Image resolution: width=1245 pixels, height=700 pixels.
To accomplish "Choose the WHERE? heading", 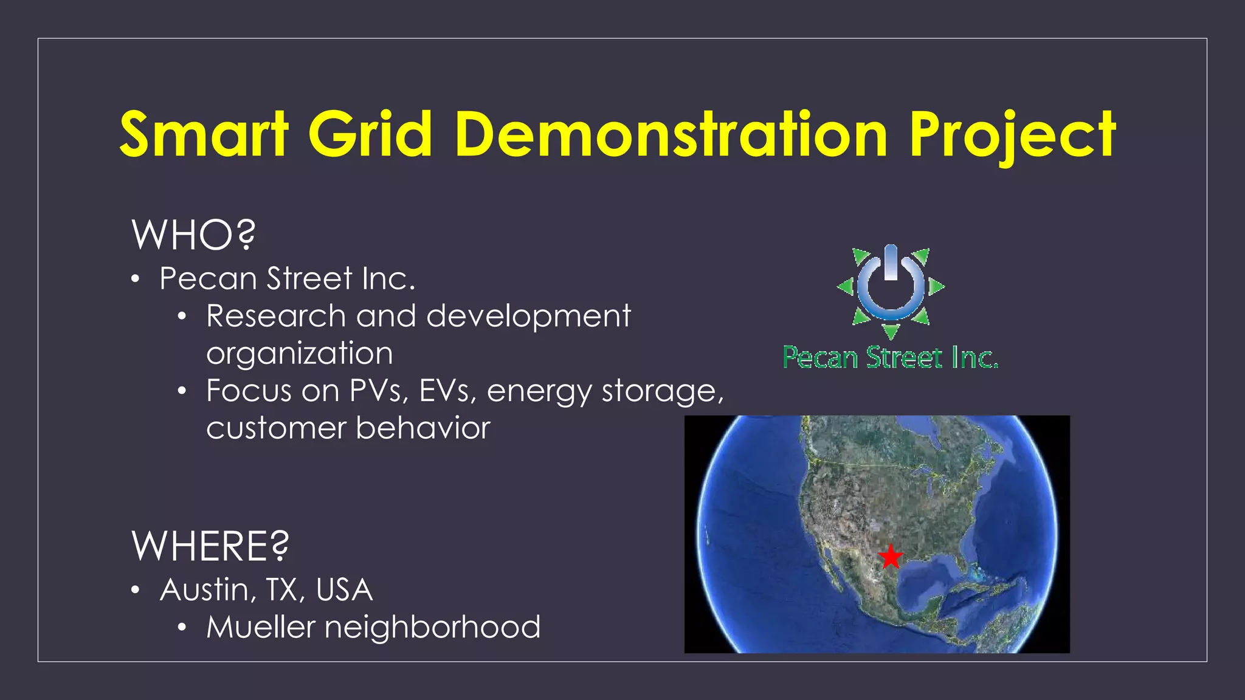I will [210, 546].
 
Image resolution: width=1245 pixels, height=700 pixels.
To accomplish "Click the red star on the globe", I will [891, 556].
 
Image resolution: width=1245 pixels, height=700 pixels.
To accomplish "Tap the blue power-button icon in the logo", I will [891, 283].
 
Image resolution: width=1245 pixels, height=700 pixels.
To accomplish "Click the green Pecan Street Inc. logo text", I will [890, 357].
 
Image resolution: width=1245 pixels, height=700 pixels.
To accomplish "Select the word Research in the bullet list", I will [276, 316].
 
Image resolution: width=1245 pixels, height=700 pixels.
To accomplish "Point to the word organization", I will [300, 354].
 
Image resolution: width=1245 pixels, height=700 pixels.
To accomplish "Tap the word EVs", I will [448, 391].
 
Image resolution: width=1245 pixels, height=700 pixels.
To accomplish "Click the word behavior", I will [423, 428].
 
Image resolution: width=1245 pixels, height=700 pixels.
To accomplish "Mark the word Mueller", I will [261, 627].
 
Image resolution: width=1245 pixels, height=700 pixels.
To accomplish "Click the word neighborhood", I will [432, 627].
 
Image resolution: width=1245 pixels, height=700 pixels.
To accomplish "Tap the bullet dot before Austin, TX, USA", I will [136, 590].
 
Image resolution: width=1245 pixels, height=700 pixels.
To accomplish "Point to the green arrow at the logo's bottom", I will [891, 332].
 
